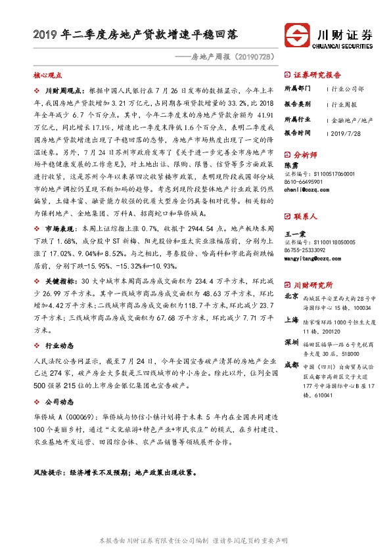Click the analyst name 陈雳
click(x=291, y=166)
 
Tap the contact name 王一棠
click(x=294, y=233)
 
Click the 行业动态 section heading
click(x=58, y=346)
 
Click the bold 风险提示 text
click(x=53, y=472)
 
